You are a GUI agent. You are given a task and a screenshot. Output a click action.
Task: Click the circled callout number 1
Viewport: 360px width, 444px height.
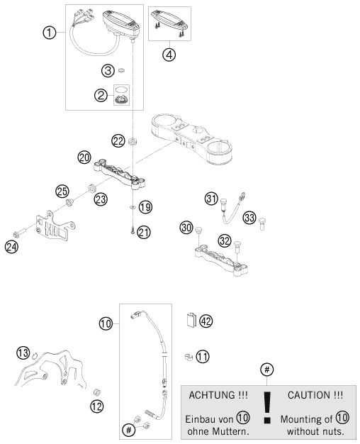tap(49, 33)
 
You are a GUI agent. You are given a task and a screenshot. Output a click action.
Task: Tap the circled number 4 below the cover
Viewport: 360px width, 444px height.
tap(169, 55)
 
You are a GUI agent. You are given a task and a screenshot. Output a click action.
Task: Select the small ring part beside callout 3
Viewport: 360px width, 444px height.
tap(121, 70)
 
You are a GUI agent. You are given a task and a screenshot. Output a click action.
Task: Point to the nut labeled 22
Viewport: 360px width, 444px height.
tap(132, 141)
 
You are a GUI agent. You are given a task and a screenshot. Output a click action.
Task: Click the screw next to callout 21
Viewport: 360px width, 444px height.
tap(133, 231)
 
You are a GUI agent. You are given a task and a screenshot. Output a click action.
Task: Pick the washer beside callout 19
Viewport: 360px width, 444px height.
tap(133, 208)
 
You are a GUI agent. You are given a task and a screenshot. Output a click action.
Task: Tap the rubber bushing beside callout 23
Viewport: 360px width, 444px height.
tap(91, 188)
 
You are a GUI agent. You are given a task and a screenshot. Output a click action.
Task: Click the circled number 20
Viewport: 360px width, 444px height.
tap(84, 157)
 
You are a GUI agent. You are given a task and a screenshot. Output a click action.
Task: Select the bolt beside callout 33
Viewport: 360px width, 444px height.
tap(262, 223)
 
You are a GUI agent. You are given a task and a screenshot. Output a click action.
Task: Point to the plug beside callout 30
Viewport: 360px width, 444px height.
tap(199, 230)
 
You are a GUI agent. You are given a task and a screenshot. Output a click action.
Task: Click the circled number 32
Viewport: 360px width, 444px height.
tap(225, 241)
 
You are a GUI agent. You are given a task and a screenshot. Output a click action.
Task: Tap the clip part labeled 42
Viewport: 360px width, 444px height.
tap(191, 320)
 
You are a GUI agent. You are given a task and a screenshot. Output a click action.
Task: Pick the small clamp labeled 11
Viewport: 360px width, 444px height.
tap(188, 357)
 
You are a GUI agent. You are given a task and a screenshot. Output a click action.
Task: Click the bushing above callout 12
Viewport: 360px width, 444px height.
tap(97, 392)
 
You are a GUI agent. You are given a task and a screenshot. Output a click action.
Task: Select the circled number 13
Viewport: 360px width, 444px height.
tap(23, 353)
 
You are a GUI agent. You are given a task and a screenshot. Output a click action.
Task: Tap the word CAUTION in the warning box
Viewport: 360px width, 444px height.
tap(308, 395)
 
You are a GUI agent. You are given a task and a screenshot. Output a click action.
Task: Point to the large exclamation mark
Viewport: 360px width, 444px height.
tap(267, 407)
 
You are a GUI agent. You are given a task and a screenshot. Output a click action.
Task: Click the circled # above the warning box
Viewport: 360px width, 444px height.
tap(267, 370)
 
